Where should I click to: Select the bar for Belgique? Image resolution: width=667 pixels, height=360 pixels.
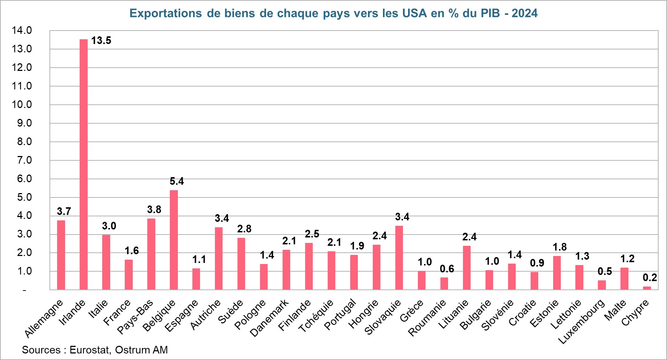pos(174,240)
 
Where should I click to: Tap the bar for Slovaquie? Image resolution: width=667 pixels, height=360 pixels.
pos(399,258)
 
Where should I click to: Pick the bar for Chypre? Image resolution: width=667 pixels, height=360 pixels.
pos(647,288)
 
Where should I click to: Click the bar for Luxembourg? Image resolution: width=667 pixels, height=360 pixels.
pos(602,285)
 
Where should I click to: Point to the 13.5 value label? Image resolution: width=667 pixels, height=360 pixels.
pos(101,41)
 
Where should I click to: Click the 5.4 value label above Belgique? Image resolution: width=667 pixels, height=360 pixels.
pos(177,181)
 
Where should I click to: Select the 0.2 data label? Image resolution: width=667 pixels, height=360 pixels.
pos(650,278)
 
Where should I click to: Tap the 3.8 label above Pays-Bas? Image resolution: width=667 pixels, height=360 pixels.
pos(154,209)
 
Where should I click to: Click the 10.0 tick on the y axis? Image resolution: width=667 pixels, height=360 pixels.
pos(22,105)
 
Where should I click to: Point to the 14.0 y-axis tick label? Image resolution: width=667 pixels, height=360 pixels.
pos(22,31)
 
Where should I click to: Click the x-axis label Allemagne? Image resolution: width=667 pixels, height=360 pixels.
pos(44,319)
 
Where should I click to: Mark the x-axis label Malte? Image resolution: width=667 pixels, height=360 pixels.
pos(615,310)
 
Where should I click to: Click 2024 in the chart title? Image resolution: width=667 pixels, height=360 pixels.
pos(524,13)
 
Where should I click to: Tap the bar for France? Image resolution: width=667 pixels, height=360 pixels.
pos(129,275)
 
